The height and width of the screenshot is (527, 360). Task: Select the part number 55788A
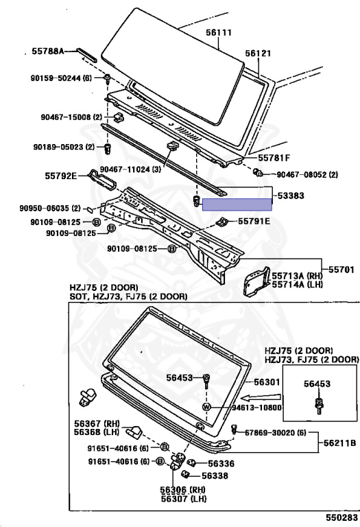[x=48, y=51]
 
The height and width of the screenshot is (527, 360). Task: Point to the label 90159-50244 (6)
[x=62, y=78]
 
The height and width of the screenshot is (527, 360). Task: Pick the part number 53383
[x=291, y=196]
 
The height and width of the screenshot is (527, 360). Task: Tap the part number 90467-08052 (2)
[x=307, y=176]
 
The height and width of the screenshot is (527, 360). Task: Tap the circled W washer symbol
[x=206, y=406]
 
